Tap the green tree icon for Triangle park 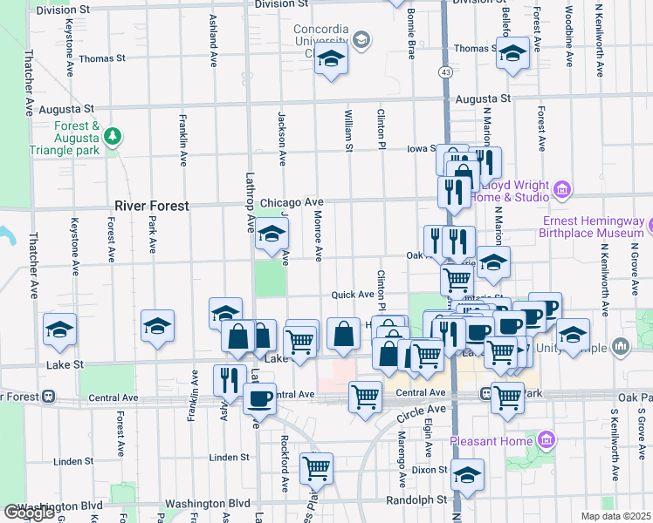pos(112,136)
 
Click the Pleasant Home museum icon pos(546,438)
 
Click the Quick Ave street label pos(353,295)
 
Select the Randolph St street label pos(416,500)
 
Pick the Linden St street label pos(230,457)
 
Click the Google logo pos(29,513)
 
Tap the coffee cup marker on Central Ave pos(258,398)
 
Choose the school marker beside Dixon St pos(467,475)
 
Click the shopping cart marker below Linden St pos(316,468)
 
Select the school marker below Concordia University pos(331,59)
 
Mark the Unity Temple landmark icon pos(621,347)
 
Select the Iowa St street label pos(421,148)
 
